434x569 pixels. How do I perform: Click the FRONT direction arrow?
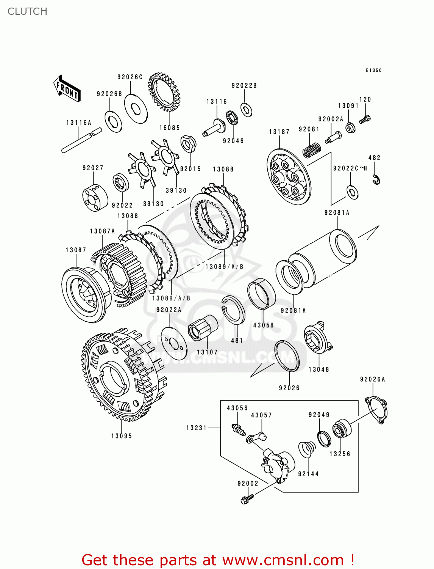click(x=67, y=89)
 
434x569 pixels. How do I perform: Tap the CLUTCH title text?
click(x=27, y=11)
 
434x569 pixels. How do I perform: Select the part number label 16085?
click(x=169, y=128)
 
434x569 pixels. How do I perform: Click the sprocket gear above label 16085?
click(x=164, y=92)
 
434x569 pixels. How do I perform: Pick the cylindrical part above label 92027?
click(x=95, y=198)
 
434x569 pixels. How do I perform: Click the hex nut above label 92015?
click(x=189, y=144)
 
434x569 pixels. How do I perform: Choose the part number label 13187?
click(x=279, y=132)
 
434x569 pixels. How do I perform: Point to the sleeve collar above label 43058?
click(x=261, y=294)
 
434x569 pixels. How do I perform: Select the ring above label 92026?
click(x=287, y=356)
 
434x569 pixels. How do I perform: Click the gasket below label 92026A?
click(x=376, y=410)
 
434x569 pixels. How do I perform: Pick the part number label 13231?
click(x=196, y=428)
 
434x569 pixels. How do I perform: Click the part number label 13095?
click(x=122, y=436)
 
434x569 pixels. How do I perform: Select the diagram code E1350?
click(x=373, y=71)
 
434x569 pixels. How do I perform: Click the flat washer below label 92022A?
click(x=174, y=344)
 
